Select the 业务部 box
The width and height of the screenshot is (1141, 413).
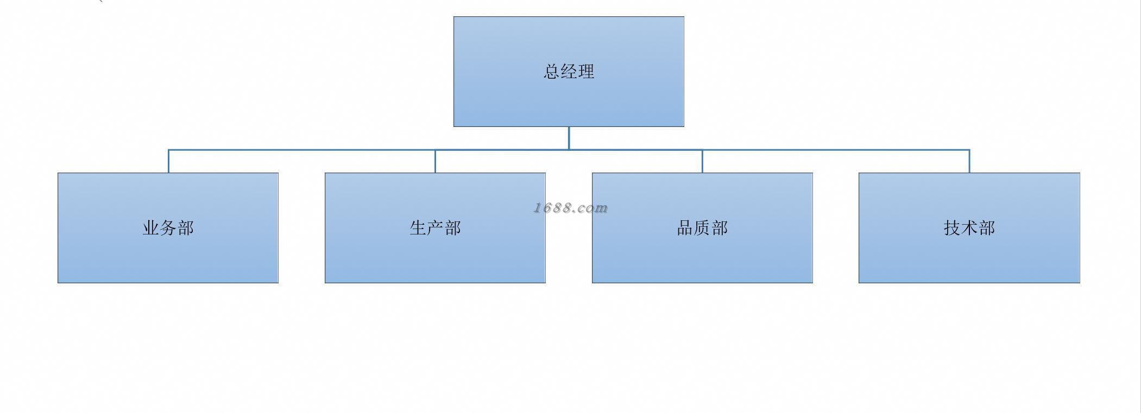pos(168,255)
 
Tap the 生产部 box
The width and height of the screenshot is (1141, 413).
pos(435,255)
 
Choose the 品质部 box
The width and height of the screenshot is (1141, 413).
pos(702,255)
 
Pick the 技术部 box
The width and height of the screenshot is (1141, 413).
pos(969,255)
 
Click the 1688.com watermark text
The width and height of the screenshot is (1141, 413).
pos(570,208)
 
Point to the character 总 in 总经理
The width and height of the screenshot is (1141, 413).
pos(552,72)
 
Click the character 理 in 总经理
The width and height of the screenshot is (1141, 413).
pos(587,72)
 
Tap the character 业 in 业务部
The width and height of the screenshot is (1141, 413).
pos(151,228)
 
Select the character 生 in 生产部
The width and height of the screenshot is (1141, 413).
pos(418,228)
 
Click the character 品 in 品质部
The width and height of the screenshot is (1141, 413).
pos(685,228)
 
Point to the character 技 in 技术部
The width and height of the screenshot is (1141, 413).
pos(952,228)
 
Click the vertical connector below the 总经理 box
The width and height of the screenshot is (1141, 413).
pos(569,138)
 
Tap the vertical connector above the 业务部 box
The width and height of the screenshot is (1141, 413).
pos(168,161)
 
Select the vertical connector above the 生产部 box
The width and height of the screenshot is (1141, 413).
pos(435,161)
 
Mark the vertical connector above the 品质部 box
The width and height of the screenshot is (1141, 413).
pos(702,161)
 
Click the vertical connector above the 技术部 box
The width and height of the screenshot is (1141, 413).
pos(969,161)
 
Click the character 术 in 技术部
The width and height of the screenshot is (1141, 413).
pos(969,228)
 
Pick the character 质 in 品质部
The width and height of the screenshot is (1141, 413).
pos(702,228)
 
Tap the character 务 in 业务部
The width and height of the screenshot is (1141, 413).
pos(168,228)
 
